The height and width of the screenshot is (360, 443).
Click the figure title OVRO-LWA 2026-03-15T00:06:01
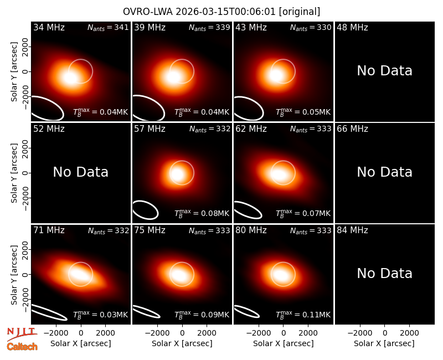tap(199, 12)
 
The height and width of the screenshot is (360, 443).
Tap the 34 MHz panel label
tap(49, 27)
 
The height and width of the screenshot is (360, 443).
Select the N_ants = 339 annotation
tap(209, 27)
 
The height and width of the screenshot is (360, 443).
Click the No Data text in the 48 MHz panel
tap(384, 71)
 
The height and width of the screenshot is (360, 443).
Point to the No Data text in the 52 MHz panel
tap(80, 172)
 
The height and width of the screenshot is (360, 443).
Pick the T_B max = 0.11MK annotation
tap(303, 314)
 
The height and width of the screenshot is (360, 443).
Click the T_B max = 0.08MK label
tap(202, 213)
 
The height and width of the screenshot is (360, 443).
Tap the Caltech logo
tap(22, 347)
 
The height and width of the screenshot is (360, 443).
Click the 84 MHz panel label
tap(352, 230)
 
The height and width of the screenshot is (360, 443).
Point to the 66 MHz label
tap(352, 129)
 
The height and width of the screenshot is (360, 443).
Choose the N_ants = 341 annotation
tap(108, 27)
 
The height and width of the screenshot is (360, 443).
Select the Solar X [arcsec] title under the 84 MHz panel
tap(384, 343)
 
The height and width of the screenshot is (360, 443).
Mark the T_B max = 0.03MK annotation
tap(101, 314)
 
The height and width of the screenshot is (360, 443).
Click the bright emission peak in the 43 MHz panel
tap(276, 75)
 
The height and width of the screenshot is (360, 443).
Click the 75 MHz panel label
tap(150, 230)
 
